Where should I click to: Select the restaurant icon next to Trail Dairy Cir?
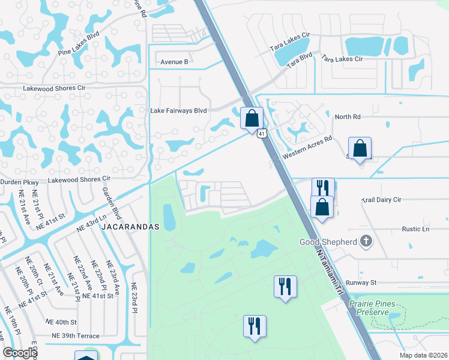point(322,187)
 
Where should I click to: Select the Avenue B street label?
point(174,62)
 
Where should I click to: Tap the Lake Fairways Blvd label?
point(178,111)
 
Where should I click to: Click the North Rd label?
point(348,117)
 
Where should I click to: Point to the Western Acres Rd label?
point(308,147)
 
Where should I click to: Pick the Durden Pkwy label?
point(20,182)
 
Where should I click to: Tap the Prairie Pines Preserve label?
point(373,308)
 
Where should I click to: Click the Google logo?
point(20,353)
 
